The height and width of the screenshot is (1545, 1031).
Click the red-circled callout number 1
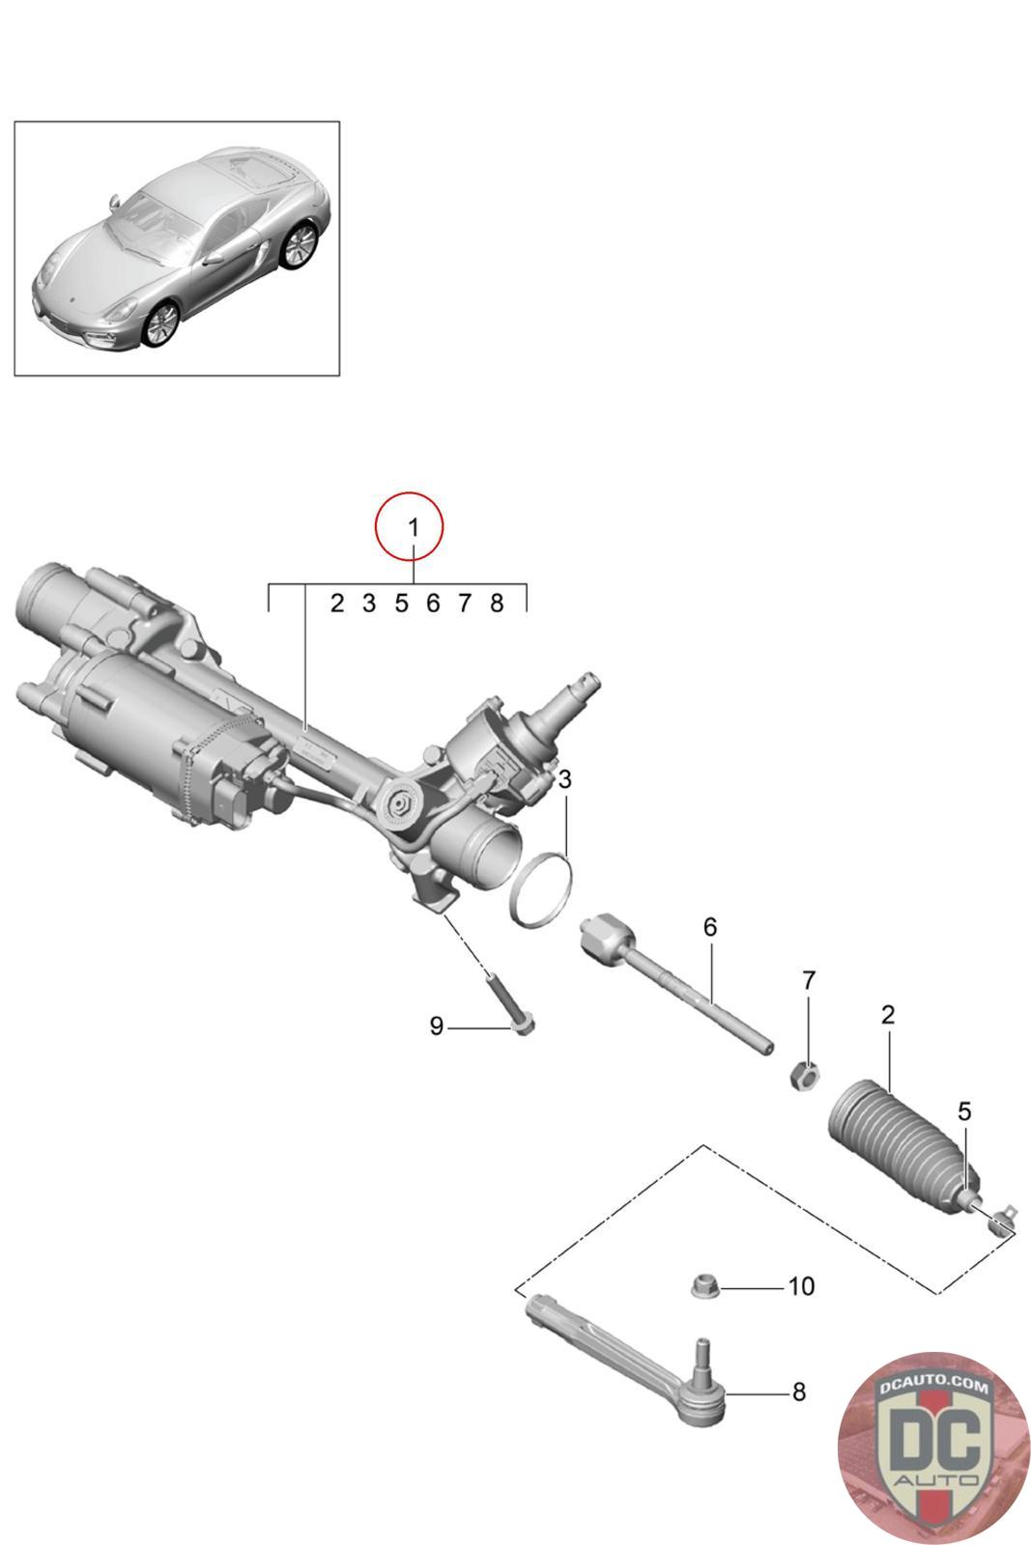coord(413,528)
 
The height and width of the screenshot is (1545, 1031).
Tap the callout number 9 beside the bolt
coord(436,1025)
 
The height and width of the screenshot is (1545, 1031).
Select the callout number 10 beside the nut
coord(801,1286)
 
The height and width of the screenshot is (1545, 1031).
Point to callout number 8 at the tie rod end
coord(799,1391)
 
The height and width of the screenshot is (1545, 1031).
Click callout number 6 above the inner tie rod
coord(710,927)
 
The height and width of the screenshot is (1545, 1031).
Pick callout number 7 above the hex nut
coord(809,980)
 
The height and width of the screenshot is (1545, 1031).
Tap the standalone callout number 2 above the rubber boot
coord(887,1015)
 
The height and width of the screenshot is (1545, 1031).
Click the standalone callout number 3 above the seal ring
coord(564,780)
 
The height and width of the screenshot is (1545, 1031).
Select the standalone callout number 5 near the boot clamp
coord(964,1111)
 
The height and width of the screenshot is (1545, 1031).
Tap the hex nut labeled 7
coord(803,1075)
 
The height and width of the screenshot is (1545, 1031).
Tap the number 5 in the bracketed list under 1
coord(402,604)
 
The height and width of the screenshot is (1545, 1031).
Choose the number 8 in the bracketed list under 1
coord(497,604)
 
